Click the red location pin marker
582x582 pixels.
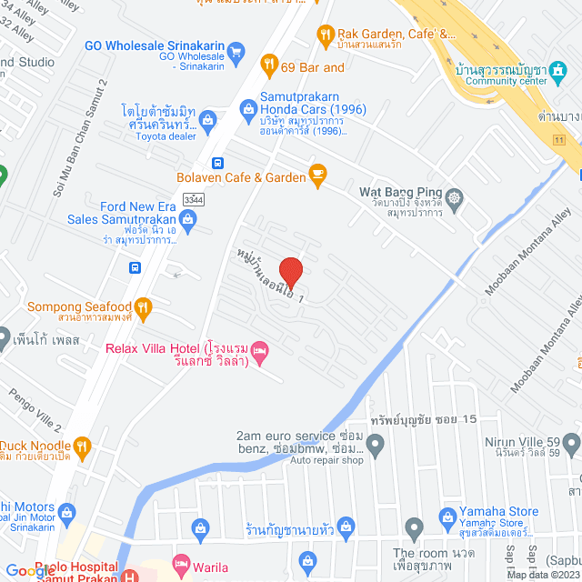[x=290, y=273]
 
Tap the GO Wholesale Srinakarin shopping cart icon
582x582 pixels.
[x=236, y=51]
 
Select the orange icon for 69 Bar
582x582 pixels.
[x=268, y=64]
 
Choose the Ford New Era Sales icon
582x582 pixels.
[x=187, y=217]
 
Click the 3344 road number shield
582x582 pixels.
[x=193, y=199]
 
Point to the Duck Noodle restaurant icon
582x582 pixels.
[x=82, y=446]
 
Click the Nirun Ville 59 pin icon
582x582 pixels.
[x=571, y=443]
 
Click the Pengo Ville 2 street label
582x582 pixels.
[x=35, y=409]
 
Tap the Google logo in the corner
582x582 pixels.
[x=30, y=571]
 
